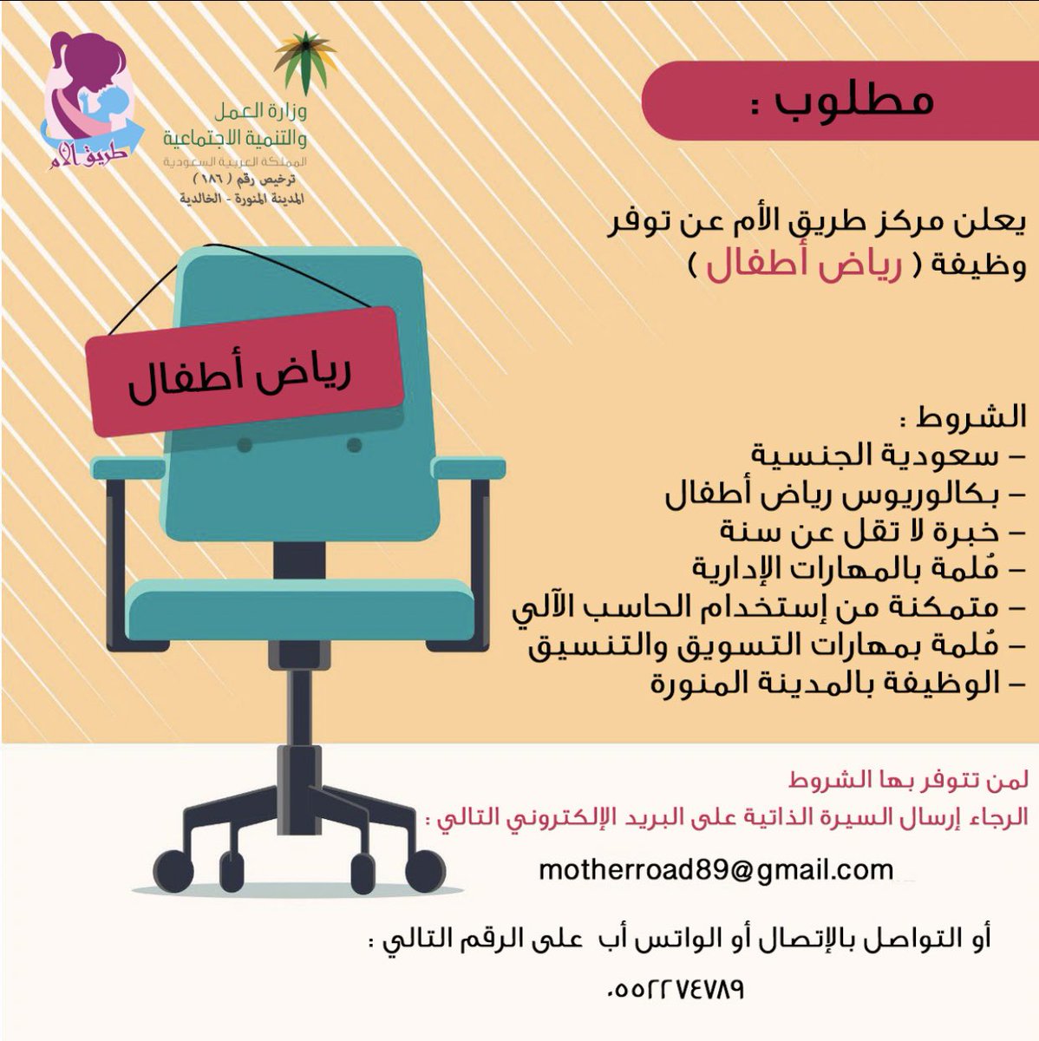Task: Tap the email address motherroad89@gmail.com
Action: point(716,869)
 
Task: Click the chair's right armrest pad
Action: point(467,468)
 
